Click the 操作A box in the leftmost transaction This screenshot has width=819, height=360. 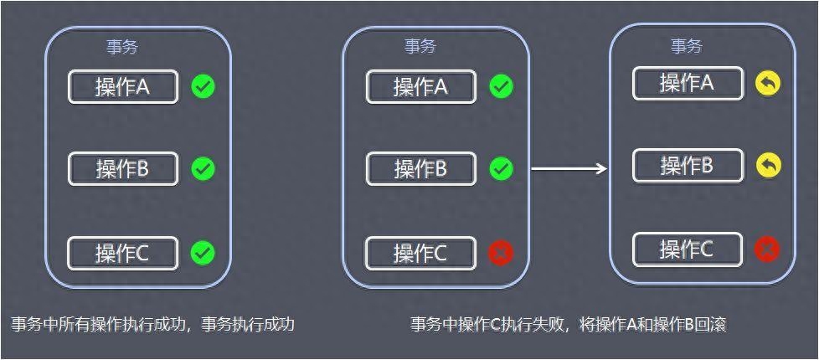pyautogui.click(x=123, y=87)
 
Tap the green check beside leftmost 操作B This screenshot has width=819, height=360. pyautogui.click(x=203, y=168)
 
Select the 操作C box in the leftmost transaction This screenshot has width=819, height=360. pyautogui.click(x=123, y=254)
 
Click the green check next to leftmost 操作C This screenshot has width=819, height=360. pyautogui.click(x=203, y=253)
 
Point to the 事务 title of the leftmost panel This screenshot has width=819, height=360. pyautogui.click(x=122, y=48)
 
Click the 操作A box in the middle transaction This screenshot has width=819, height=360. pyautogui.click(x=421, y=87)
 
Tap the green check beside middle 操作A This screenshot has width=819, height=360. pyautogui.click(x=501, y=86)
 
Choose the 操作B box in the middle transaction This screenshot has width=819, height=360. pyautogui.click(x=421, y=169)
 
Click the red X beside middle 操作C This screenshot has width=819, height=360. pyautogui.click(x=501, y=253)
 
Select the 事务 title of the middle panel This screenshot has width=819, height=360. pyautogui.click(x=420, y=47)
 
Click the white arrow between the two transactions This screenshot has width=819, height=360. pyautogui.click(x=569, y=168)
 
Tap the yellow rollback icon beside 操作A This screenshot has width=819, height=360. pyautogui.click(x=768, y=83)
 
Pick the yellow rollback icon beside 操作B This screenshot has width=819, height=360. pyautogui.click(x=768, y=166)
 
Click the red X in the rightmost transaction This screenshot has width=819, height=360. pyautogui.click(x=767, y=249)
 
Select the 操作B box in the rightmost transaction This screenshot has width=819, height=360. pyautogui.click(x=688, y=166)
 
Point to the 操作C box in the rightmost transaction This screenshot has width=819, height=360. pyautogui.click(x=688, y=249)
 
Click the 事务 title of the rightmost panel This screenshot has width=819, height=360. pyautogui.click(x=687, y=47)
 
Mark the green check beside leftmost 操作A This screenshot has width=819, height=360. pyautogui.click(x=203, y=86)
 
